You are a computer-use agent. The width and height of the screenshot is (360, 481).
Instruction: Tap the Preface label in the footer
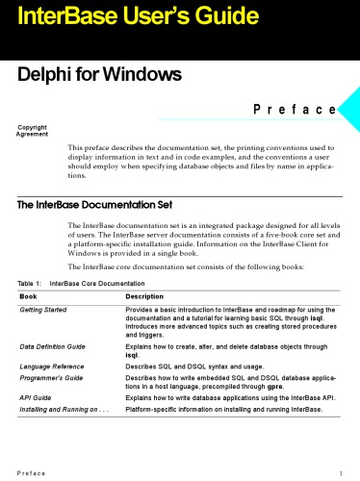[28, 472]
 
